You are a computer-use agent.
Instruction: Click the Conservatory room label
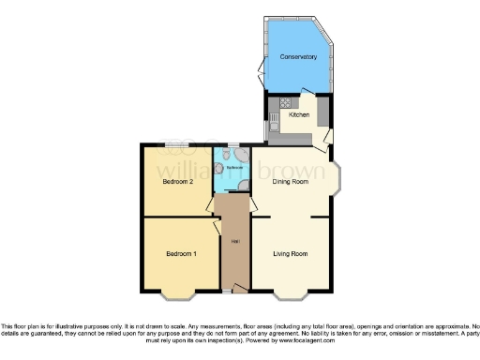299,58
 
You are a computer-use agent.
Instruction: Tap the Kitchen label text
299,115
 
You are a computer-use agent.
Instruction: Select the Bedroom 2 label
177,182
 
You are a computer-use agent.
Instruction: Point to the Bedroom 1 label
181,254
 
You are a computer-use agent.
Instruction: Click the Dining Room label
291,182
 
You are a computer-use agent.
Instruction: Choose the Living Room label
291,254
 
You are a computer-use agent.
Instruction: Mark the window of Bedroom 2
173,143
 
